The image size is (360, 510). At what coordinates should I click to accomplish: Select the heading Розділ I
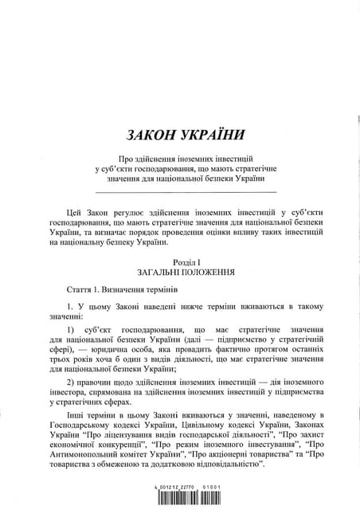point(185,262)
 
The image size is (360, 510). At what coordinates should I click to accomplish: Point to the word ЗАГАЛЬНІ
point(158,272)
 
